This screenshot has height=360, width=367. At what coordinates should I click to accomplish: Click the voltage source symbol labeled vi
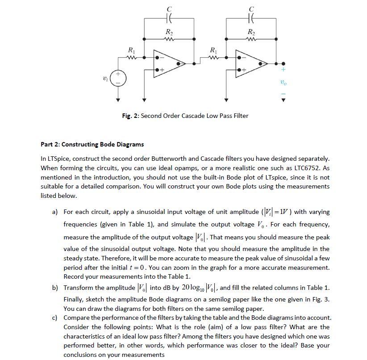pos(118,80)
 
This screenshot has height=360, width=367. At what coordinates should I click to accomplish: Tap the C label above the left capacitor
pos(168,8)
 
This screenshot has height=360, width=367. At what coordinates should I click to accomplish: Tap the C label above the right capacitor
pos(251,8)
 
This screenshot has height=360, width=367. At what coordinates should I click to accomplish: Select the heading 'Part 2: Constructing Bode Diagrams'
pos(92,144)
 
